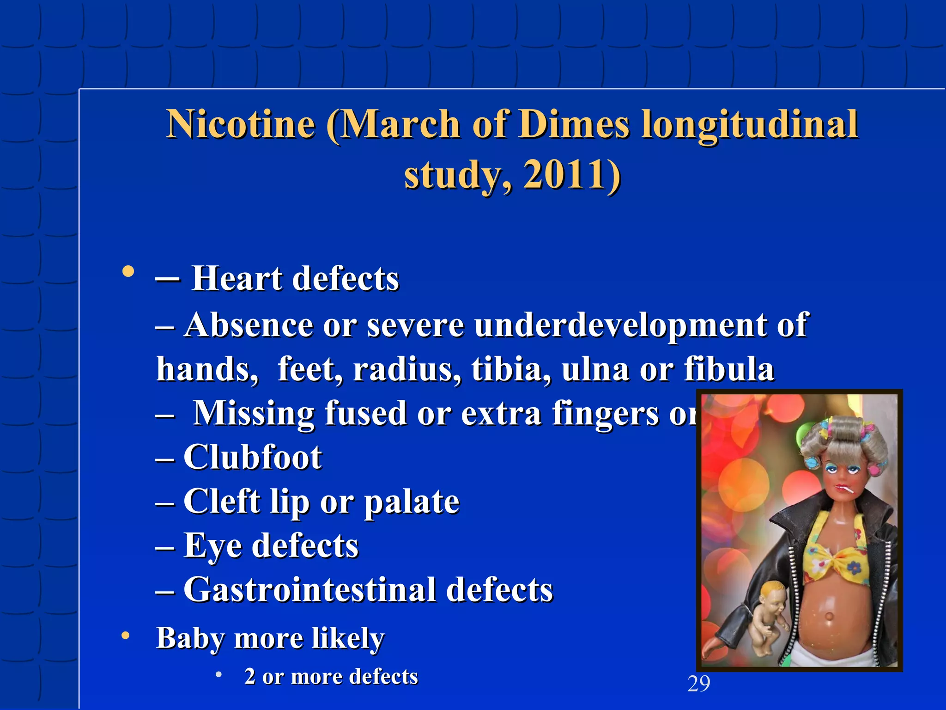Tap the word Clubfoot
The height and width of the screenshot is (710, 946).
coord(253,457)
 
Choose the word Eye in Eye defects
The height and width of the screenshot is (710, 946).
coord(212,546)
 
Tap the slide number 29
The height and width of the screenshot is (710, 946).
coord(698,684)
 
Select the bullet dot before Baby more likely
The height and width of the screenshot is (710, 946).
coord(125,637)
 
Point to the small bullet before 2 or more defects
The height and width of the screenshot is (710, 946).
coord(218,674)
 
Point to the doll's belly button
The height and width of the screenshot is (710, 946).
coord(828,616)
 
